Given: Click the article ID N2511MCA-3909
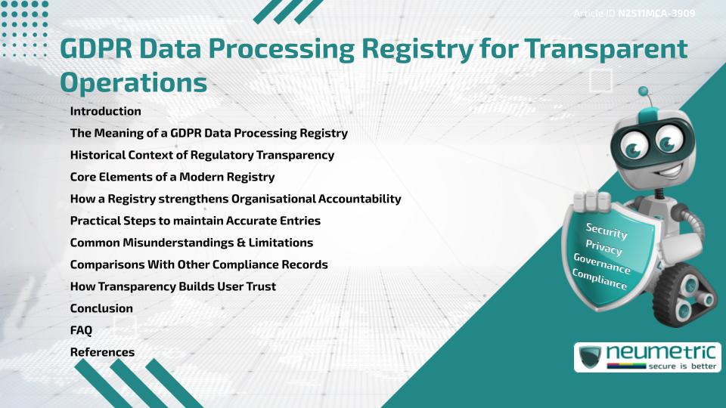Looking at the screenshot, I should (x=656, y=13).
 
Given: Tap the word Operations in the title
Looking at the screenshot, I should (x=133, y=82).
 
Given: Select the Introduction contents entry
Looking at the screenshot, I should (x=105, y=111).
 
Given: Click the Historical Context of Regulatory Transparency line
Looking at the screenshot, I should (x=202, y=155).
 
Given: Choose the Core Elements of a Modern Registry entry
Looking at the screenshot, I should (x=172, y=177).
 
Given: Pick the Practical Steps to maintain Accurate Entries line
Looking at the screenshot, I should (x=195, y=221).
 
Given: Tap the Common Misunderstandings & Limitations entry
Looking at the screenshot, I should (x=191, y=243).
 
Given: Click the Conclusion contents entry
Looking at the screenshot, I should (x=101, y=308).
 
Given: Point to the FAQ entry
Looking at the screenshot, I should (x=81, y=330).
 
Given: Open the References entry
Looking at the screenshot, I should (x=102, y=352).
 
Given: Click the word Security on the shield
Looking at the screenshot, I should (x=606, y=231).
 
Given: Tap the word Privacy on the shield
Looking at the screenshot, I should (x=603, y=248).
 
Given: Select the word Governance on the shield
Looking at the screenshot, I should (x=601, y=264).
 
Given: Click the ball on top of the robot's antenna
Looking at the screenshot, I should (x=644, y=91).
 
